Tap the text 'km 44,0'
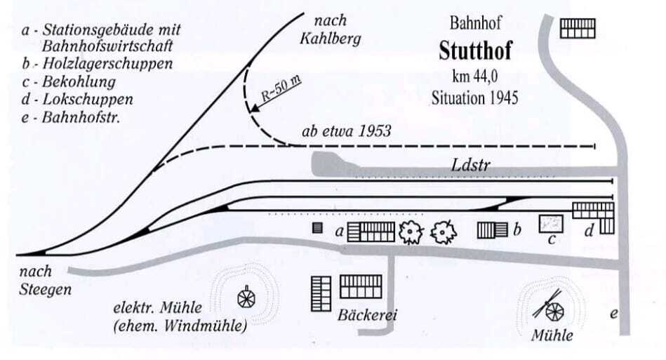pos(474,75)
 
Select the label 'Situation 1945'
pos(474,97)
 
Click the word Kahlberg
pos(330,38)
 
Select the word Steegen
pos(46,288)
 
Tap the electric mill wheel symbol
pos(246,298)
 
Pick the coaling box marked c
pos(552,224)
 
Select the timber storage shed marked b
pos(492,230)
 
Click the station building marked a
pos(372,232)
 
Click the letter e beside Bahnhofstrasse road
pos(613,314)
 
